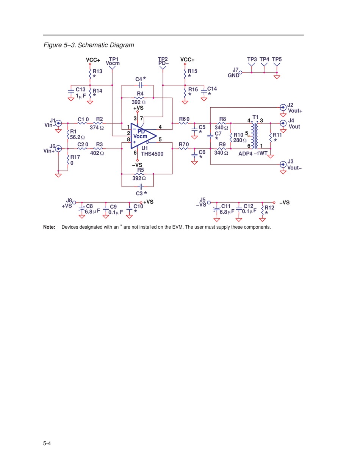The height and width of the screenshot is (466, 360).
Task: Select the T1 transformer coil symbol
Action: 255,136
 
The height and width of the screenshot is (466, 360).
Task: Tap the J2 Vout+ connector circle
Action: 283,107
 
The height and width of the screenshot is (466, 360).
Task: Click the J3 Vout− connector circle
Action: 283,165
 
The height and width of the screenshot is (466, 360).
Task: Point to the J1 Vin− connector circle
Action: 58,123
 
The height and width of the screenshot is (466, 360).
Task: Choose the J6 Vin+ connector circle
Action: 58,148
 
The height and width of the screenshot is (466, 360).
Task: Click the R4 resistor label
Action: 140,94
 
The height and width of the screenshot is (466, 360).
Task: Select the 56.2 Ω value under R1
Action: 77,137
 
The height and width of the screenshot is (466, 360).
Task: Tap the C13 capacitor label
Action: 81,89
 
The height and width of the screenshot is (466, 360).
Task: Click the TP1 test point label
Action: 114,59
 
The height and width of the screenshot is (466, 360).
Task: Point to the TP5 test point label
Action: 277,59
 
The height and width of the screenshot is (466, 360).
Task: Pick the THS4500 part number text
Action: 152,154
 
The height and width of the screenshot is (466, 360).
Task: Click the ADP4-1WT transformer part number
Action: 253,154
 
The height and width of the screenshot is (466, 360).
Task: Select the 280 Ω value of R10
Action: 240,140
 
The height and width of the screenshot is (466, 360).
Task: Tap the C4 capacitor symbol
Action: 141,85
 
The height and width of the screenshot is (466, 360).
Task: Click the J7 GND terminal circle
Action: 240,72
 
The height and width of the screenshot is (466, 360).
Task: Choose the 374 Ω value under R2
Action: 97,128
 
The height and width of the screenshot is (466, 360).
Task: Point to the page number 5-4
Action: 47,443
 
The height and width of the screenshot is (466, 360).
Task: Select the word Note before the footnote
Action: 49,227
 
